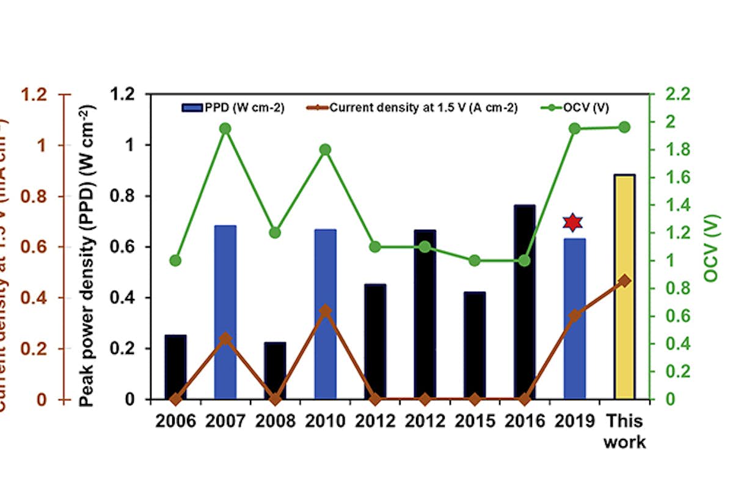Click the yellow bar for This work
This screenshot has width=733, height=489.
(x=624, y=287)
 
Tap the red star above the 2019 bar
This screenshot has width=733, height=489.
(x=572, y=222)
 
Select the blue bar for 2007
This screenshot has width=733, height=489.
(x=225, y=312)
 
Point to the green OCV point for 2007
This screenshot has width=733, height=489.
(x=225, y=128)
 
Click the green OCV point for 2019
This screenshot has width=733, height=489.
(x=574, y=128)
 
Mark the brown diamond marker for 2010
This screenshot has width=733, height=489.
(x=326, y=311)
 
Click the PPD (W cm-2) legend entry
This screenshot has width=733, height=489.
(x=233, y=108)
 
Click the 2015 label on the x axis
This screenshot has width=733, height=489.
(x=474, y=421)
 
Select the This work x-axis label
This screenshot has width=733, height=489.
(x=624, y=432)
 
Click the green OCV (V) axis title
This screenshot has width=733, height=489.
(x=712, y=248)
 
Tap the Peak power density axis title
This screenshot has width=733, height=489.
(x=87, y=257)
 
